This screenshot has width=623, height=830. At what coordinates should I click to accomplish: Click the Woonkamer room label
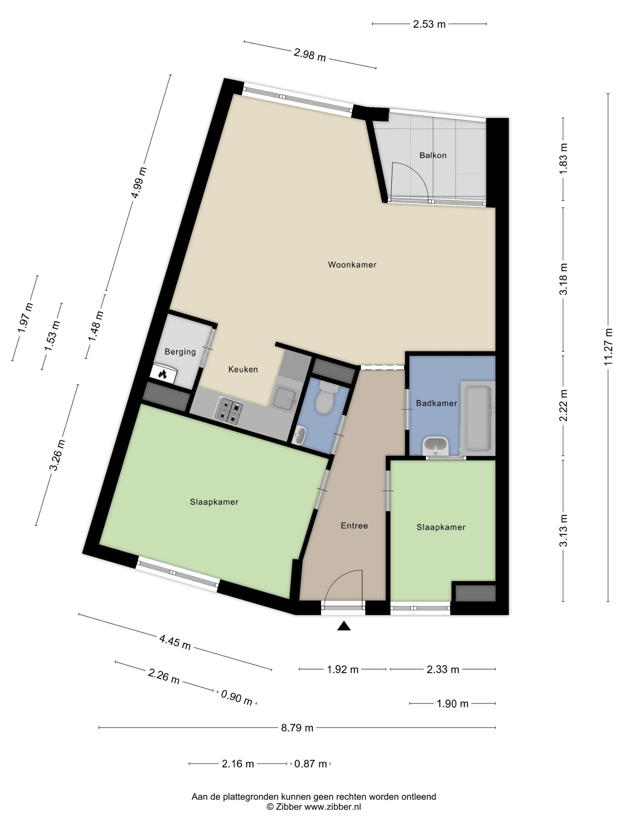pyautogui.click(x=352, y=265)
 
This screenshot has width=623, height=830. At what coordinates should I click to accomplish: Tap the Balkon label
pyautogui.click(x=433, y=155)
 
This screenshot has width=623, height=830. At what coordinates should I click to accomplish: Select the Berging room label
pyautogui.click(x=180, y=352)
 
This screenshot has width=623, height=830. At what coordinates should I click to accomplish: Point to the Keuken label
pyautogui.click(x=243, y=370)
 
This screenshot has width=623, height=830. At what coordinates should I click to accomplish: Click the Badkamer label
pyautogui.click(x=436, y=403)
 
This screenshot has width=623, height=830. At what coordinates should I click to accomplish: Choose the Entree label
pyautogui.click(x=354, y=526)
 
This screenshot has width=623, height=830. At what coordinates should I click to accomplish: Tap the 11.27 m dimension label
pyautogui.click(x=608, y=347)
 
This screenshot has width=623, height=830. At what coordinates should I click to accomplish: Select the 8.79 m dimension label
pyautogui.click(x=297, y=728)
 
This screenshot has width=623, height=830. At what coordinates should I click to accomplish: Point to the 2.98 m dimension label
pyautogui.click(x=310, y=55)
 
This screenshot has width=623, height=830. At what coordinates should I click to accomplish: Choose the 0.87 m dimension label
pyautogui.click(x=310, y=764)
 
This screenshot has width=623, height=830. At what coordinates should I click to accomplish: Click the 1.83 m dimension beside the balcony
pyautogui.click(x=563, y=159)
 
